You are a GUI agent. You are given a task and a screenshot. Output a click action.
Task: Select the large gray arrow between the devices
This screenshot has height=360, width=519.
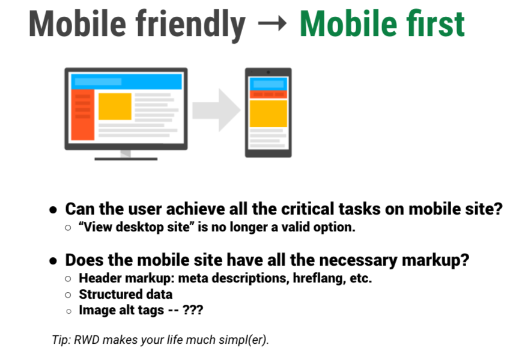[216, 109]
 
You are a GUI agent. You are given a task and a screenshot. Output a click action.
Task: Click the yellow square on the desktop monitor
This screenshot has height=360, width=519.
[115, 106]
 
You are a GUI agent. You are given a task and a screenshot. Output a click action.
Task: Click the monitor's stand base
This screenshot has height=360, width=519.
[126, 159]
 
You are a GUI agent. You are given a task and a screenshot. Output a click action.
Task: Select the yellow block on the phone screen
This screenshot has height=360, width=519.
[268, 113]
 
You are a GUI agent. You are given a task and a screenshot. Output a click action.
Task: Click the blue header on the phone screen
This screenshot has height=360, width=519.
[268, 85]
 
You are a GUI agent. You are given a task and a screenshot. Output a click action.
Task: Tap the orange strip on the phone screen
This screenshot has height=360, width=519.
[268, 94]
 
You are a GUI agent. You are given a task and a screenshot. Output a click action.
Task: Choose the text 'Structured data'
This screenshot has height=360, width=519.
[126, 294]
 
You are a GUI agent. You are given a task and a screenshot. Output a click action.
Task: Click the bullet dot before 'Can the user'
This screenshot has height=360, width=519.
[53, 210]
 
